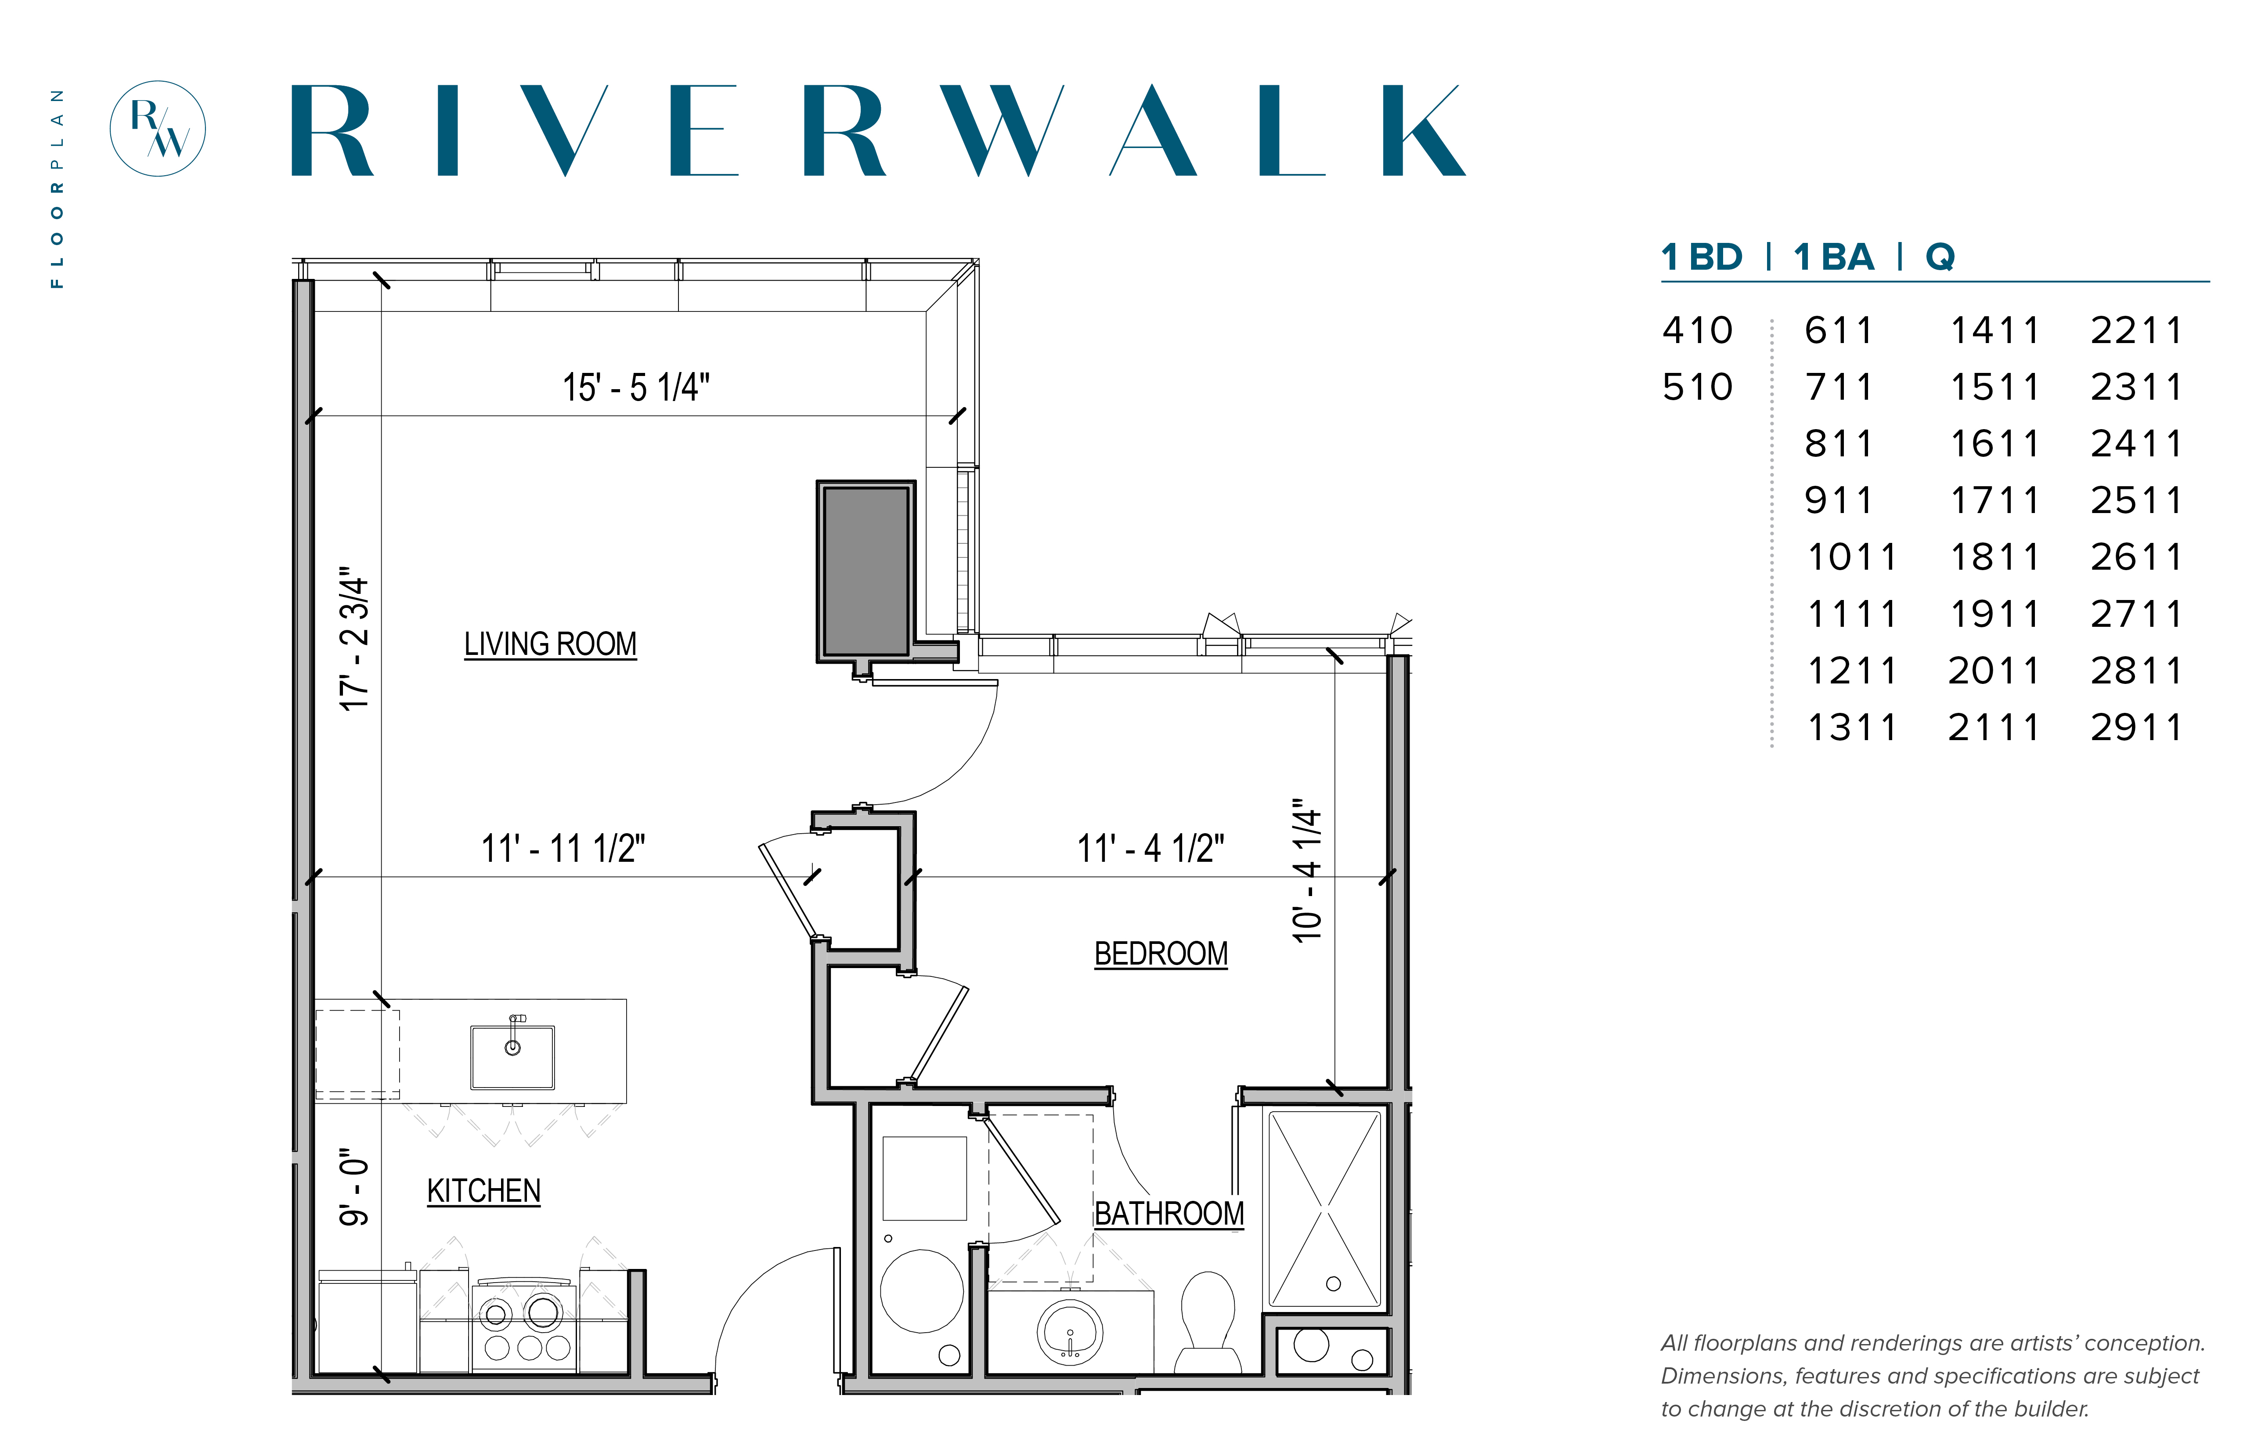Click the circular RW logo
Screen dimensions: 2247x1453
[158, 128]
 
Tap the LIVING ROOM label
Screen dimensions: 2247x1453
[550, 644]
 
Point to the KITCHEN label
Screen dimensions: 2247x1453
[484, 1191]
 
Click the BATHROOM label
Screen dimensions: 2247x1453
[1169, 1213]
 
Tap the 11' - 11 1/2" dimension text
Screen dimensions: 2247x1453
[563, 848]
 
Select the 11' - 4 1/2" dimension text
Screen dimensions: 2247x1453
[1151, 848]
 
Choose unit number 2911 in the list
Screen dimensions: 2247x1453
[2136, 727]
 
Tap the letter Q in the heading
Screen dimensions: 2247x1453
[1940, 257]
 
